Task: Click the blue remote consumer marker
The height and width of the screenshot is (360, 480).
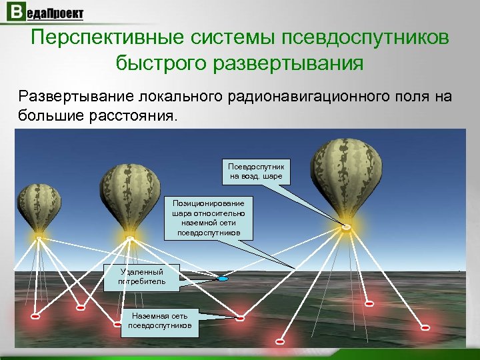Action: point(223,279)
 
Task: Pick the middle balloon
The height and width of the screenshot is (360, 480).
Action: point(129,197)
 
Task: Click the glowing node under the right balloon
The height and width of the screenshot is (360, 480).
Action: point(346,228)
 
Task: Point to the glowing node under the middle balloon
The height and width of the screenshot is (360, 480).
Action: point(130,237)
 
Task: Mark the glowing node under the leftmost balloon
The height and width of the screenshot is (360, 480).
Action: point(40,237)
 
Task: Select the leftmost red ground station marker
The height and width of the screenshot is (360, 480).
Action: point(35,317)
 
